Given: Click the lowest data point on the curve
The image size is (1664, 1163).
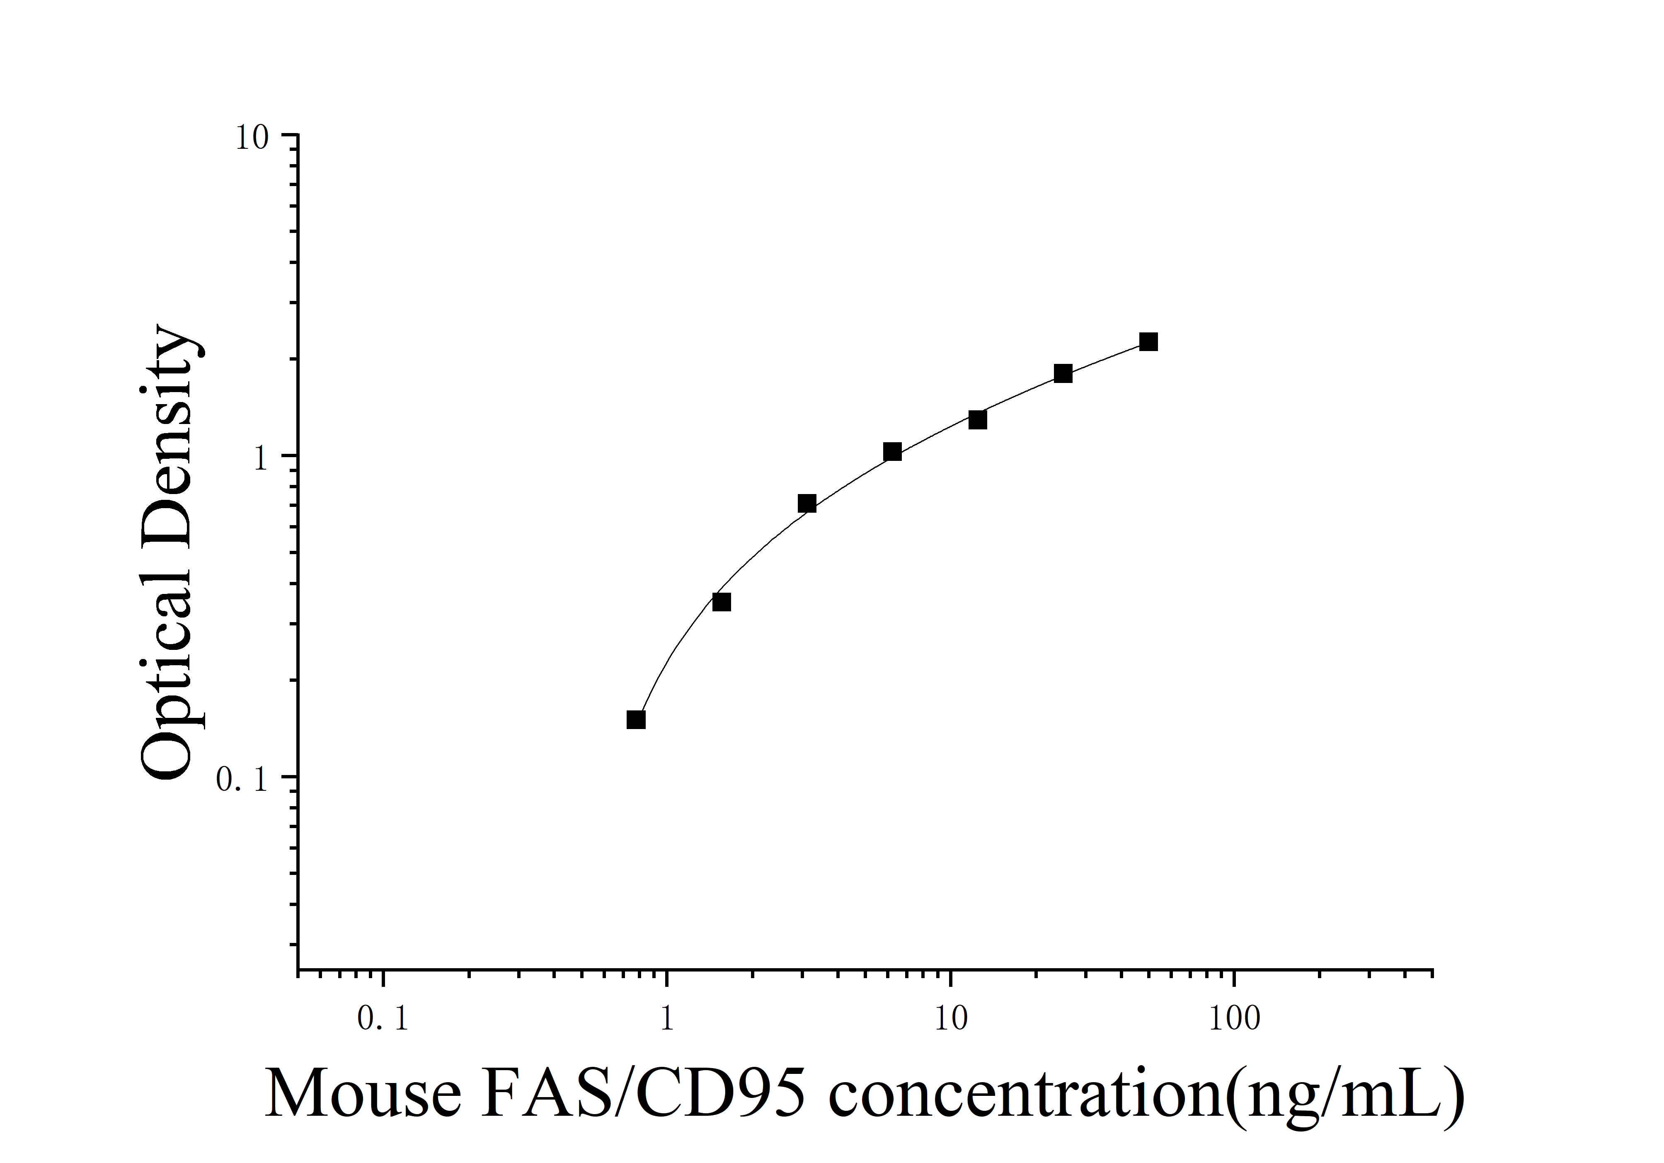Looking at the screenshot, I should [636, 720].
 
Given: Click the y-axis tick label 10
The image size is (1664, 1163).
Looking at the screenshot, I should [252, 138].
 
